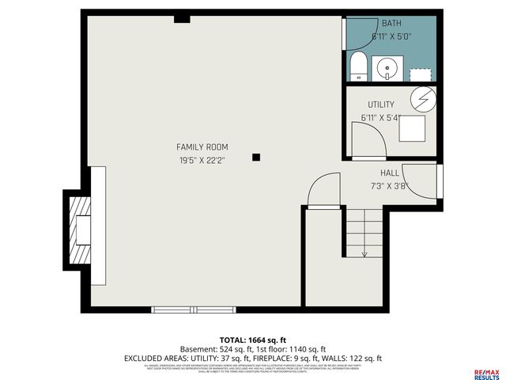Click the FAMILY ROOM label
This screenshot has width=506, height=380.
coord(202,146)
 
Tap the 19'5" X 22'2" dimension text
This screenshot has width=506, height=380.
coord(202,161)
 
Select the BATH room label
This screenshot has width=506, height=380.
coord(391,23)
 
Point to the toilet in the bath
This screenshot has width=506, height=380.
coord(357,66)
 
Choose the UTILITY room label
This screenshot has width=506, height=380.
coord(380,104)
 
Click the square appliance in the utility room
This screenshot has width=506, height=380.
coord(412,127)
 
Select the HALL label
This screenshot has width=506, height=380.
coord(389,173)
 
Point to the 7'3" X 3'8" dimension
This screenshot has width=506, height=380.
coord(389,186)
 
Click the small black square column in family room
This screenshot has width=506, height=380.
coord(256,157)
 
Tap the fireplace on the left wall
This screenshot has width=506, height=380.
coord(81,230)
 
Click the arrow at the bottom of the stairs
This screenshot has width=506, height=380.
coord(364,253)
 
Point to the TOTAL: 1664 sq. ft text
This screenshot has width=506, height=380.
coord(253,339)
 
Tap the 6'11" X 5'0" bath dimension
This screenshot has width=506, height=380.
coord(391,36)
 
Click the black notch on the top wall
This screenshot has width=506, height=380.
coord(182,17)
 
